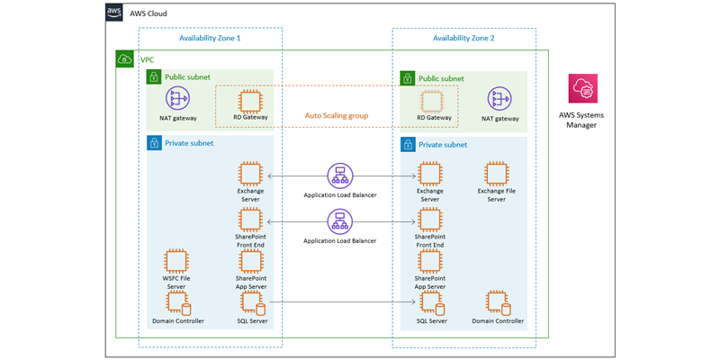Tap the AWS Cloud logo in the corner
114,13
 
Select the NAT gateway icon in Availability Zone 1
178,99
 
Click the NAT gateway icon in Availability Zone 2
499,99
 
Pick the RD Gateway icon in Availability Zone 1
250,100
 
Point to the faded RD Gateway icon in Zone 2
434,100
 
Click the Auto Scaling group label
336,116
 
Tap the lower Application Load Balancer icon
339,220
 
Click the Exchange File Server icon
497,174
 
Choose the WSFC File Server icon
177,261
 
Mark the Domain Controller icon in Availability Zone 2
499,303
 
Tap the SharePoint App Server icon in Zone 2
430,261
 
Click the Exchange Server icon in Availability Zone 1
250,174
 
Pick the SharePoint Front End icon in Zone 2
430,219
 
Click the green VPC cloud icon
125,59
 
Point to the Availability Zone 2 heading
463,39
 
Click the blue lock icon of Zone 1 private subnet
154,143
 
